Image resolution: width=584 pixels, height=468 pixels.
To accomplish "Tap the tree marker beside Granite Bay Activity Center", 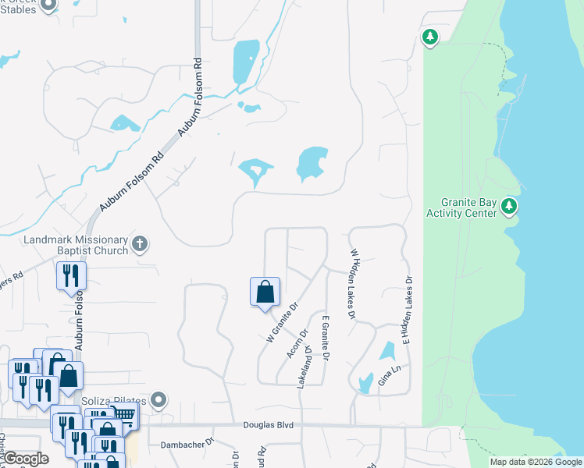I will [x=509, y=207].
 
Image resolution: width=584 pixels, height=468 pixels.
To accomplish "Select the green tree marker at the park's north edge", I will [x=429, y=37].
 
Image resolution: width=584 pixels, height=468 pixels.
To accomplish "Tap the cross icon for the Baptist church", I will [x=140, y=244].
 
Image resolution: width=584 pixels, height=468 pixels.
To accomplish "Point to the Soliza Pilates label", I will [x=115, y=401].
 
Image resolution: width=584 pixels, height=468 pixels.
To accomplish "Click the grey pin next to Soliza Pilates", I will [x=158, y=401].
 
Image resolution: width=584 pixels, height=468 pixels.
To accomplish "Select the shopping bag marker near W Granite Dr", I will [x=265, y=292].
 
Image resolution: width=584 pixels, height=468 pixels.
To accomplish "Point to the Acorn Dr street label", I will [x=294, y=343].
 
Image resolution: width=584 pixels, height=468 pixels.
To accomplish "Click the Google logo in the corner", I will [x=26, y=459].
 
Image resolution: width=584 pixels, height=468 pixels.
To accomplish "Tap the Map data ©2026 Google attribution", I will [x=536, y=462].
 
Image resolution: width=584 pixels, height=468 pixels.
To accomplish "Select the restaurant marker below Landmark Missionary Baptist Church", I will [x=70, y=276].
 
